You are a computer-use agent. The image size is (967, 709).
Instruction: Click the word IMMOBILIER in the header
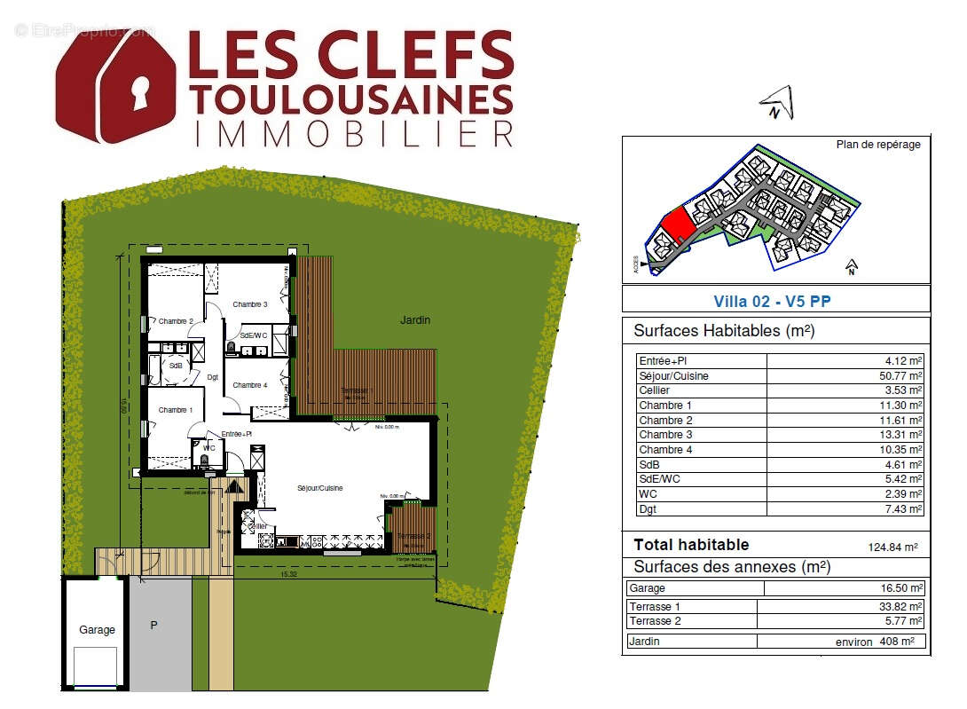[352, 132]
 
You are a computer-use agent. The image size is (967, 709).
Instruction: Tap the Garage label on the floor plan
[97, 630]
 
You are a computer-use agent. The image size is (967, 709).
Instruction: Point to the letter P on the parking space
[153, 626]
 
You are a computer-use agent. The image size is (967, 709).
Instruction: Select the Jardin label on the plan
[414, 320]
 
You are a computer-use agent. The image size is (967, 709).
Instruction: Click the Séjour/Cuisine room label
[319, 489]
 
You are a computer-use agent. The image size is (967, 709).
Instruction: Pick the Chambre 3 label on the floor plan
[250, 304]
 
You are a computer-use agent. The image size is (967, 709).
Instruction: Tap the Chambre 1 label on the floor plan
[174, 410]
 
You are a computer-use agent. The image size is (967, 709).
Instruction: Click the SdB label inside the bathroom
[176, 366]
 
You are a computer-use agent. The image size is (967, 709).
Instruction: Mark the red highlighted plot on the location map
[679, 225]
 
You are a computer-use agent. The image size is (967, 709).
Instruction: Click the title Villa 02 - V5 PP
[772, 302]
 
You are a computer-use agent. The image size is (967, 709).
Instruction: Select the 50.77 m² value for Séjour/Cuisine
[898, 375]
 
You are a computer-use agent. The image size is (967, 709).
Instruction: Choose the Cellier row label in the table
[654, 390]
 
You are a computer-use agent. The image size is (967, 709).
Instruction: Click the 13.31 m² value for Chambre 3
[898, 435]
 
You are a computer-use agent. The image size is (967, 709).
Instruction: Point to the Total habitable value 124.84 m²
[892, 548]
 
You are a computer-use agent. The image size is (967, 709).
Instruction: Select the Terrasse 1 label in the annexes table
[653, 607]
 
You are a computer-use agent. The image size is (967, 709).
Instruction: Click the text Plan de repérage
[878, 145]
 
